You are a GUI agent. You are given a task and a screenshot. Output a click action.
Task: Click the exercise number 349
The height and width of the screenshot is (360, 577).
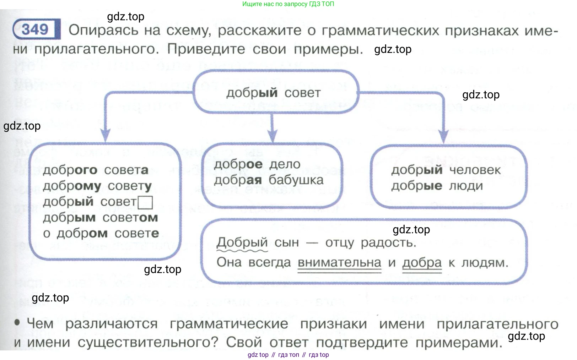[x=35, y=29]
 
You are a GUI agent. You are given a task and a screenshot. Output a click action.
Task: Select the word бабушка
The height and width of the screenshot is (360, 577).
[x=296, y=180]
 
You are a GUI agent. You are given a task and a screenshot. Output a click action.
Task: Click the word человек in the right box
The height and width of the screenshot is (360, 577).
[x=475, y=170]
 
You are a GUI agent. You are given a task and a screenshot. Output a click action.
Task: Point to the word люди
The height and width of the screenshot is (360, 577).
[x=466, y=185]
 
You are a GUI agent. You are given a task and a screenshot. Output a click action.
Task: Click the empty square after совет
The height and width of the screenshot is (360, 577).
[x=145, y=202]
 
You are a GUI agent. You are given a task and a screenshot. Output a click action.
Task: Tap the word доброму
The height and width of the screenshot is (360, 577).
[x=72, y=186]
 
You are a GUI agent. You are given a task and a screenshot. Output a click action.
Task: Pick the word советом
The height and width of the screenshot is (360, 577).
[x=130, y=217]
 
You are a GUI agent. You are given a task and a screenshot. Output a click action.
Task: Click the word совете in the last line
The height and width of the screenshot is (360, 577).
[x=136, y=233]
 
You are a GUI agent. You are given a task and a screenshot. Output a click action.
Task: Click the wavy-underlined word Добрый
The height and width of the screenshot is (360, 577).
[x=242, y=242]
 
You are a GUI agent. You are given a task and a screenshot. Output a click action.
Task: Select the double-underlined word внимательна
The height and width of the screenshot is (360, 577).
[x=339, y=262]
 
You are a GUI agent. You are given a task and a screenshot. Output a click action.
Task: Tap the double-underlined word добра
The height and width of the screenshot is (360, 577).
[x=422, y=262]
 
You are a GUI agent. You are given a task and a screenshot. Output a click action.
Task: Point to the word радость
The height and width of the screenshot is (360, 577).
[x=388, y=242]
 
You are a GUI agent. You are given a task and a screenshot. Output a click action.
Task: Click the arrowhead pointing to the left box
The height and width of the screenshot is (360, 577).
[x=105, y=135]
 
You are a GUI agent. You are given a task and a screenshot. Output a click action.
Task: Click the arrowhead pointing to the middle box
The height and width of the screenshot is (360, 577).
[x=272, y=135]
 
